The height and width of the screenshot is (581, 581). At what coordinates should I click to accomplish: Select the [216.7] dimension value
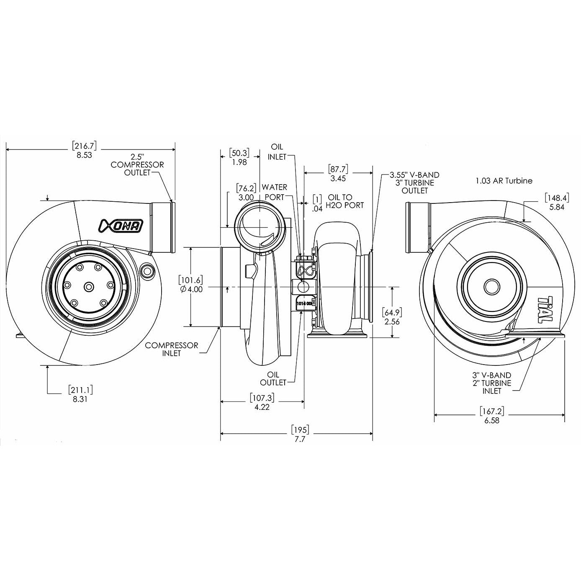coord(84,146)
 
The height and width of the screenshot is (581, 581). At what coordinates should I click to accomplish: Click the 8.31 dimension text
coord(80,399)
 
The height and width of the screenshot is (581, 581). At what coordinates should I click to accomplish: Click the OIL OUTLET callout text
coord(273,378)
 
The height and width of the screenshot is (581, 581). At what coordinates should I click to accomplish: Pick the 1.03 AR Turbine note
coord(504,181)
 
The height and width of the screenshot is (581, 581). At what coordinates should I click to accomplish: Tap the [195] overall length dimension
coord(300,430)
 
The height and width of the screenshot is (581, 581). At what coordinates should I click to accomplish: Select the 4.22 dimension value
coord(262,407)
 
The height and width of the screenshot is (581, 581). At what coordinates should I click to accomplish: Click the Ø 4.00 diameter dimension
coord(191,289)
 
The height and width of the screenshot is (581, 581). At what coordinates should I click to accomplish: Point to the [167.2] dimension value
coord(492,412)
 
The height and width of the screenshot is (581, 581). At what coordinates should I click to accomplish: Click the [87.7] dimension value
coord(338,169)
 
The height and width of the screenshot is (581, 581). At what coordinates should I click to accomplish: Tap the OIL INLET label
coord(277,152)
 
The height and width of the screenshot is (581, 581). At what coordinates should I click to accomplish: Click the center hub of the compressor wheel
coord(89,287)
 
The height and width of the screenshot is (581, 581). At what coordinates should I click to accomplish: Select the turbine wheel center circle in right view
coord(492,287)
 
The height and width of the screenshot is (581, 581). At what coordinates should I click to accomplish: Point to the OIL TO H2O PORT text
coord(346,201)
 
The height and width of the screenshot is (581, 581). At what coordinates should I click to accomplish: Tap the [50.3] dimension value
coord(239,153)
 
